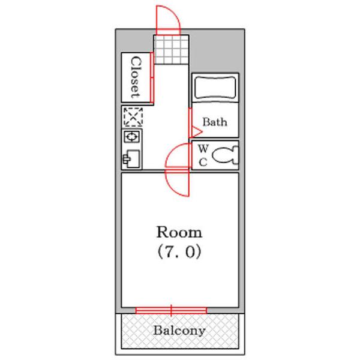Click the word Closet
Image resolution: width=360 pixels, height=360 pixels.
click(136, 77)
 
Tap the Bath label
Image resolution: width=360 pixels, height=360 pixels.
click(215, 122)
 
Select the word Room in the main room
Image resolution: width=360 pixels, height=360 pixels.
click(179, 232)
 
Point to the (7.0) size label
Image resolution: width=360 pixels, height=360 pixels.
click(179, 252)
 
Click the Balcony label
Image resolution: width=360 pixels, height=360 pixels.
click(179, 331)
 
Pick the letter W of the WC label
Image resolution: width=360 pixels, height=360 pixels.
click(203, 149)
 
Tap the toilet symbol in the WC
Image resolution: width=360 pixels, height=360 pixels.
click(225, 155)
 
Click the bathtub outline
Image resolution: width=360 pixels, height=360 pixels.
click(215, 88)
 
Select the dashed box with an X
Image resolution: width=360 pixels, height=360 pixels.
click(133, 117)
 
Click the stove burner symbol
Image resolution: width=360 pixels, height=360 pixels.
click(131, 137)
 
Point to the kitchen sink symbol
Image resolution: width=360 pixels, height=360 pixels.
click(131, 158)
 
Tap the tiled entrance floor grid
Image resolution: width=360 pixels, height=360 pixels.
click(171, 50)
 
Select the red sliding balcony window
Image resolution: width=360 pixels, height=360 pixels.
click(171, 310)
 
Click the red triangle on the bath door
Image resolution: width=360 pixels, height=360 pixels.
click(196, 132)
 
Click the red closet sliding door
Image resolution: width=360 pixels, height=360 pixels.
click(152, 77)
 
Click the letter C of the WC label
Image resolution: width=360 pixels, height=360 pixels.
click(203, 163)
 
